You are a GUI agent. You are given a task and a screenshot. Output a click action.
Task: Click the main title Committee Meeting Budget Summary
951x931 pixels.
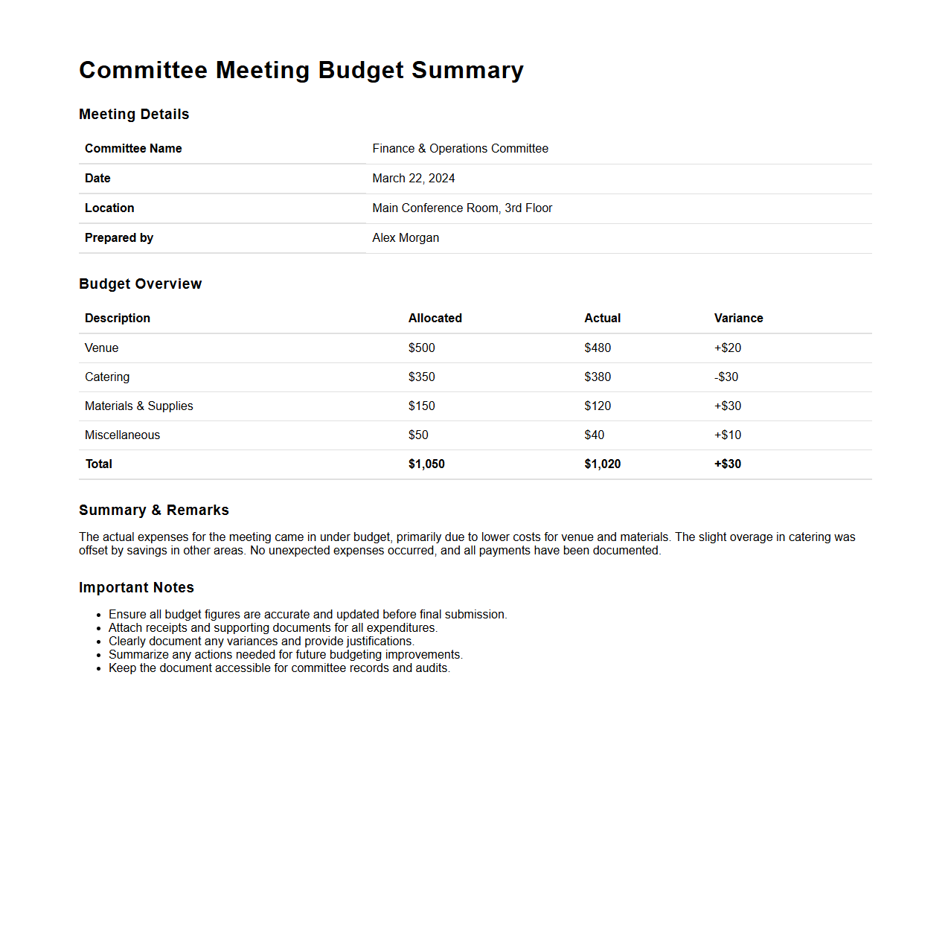click(x=301, y=70)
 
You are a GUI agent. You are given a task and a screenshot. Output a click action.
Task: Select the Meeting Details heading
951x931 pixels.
click(x=134, y=114)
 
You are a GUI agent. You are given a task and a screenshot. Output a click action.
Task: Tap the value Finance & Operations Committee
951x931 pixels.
click(x=460, y=149)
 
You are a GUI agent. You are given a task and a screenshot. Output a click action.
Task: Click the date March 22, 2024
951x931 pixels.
click(x=413, y=179)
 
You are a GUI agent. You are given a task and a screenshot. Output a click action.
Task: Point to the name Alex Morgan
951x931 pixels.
click(x=406, y=238)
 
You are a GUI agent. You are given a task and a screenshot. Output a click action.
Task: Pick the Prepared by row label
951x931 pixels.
click(x=119, y=238)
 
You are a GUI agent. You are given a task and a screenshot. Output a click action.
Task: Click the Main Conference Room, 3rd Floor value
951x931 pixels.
click(x=462, y=208)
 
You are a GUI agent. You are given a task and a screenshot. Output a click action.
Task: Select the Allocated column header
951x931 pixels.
click(x=435, y=319)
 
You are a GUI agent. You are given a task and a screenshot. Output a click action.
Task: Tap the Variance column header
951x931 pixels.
click(x=738, y=319)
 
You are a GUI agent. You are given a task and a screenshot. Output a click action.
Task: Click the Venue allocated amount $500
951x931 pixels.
click(x=421, y=348)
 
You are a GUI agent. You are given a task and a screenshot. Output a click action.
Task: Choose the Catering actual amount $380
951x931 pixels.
click(x=598, y=377)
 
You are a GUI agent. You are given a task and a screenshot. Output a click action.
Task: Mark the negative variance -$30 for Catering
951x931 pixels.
click(x=726, y=377)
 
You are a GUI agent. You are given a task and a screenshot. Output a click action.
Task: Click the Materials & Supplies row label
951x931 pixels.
click(x=139, y=406)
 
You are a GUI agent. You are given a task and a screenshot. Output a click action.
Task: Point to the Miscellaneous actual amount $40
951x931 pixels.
click(x=594, y=435)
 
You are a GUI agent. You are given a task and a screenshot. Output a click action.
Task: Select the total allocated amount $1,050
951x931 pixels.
click(x=426, y=464)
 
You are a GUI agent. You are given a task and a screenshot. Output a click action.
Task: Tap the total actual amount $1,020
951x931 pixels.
click(x=602, y=464)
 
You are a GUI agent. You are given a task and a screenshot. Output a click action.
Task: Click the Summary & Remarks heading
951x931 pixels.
click(x=154, y=510)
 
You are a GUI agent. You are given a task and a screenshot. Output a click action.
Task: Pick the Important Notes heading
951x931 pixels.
click(x=136, y=587)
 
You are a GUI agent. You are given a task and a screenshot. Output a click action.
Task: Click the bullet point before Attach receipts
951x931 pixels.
click(x=98, y=629)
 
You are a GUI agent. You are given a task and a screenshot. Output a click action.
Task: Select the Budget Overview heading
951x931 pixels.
click(x=140, y=284)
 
